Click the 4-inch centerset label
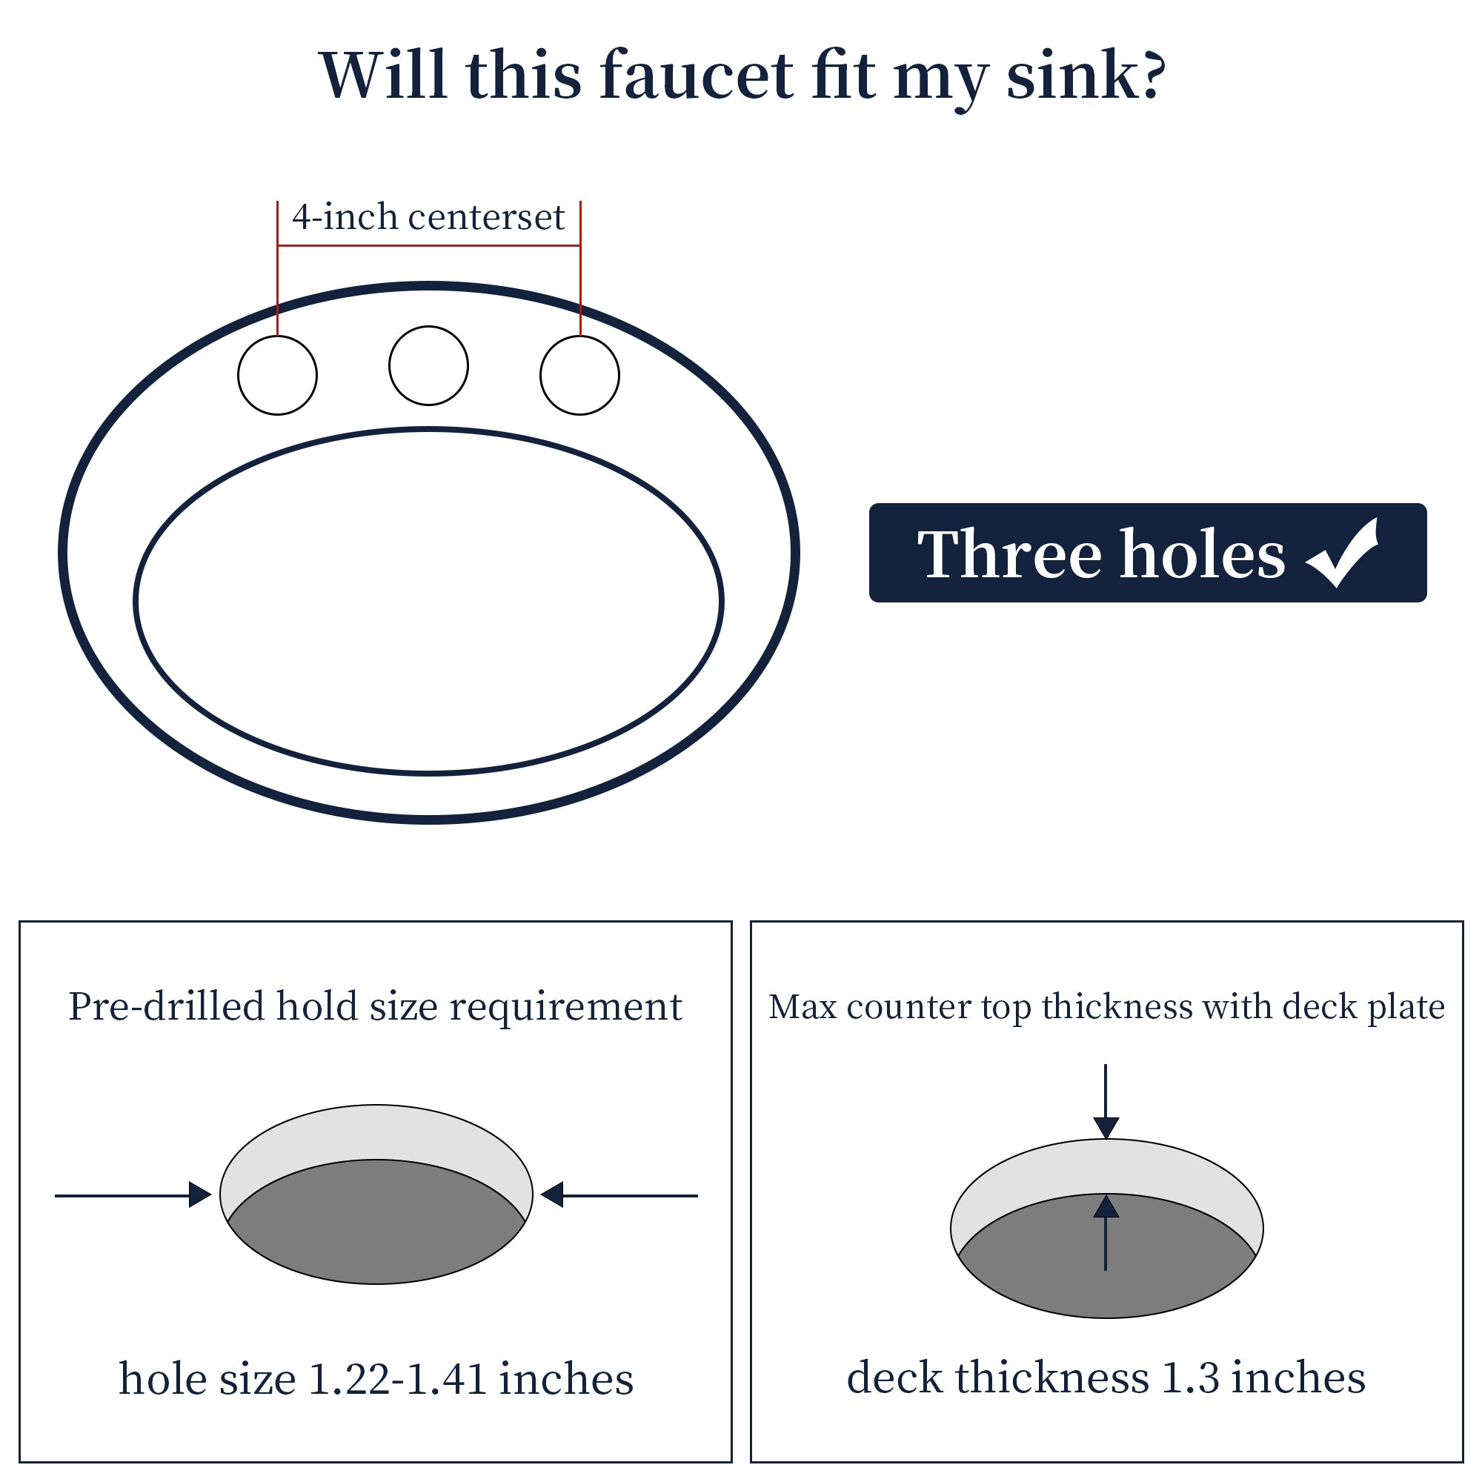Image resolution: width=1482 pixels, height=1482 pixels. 428,217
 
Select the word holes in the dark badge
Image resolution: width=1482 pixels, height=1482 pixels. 1202,554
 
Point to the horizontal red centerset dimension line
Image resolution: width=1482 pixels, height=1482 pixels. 429,245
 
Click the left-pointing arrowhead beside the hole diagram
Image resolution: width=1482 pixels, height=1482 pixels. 552,1194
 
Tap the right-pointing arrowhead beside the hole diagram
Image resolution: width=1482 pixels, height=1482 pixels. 200,1194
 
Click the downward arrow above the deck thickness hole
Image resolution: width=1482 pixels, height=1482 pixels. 1106,1102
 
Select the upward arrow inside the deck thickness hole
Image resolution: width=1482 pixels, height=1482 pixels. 1106,1232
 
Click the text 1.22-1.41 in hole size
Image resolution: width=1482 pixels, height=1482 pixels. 397,1378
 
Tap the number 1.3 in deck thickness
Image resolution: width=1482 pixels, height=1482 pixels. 1190,1377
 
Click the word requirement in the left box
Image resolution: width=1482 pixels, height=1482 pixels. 565,1007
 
